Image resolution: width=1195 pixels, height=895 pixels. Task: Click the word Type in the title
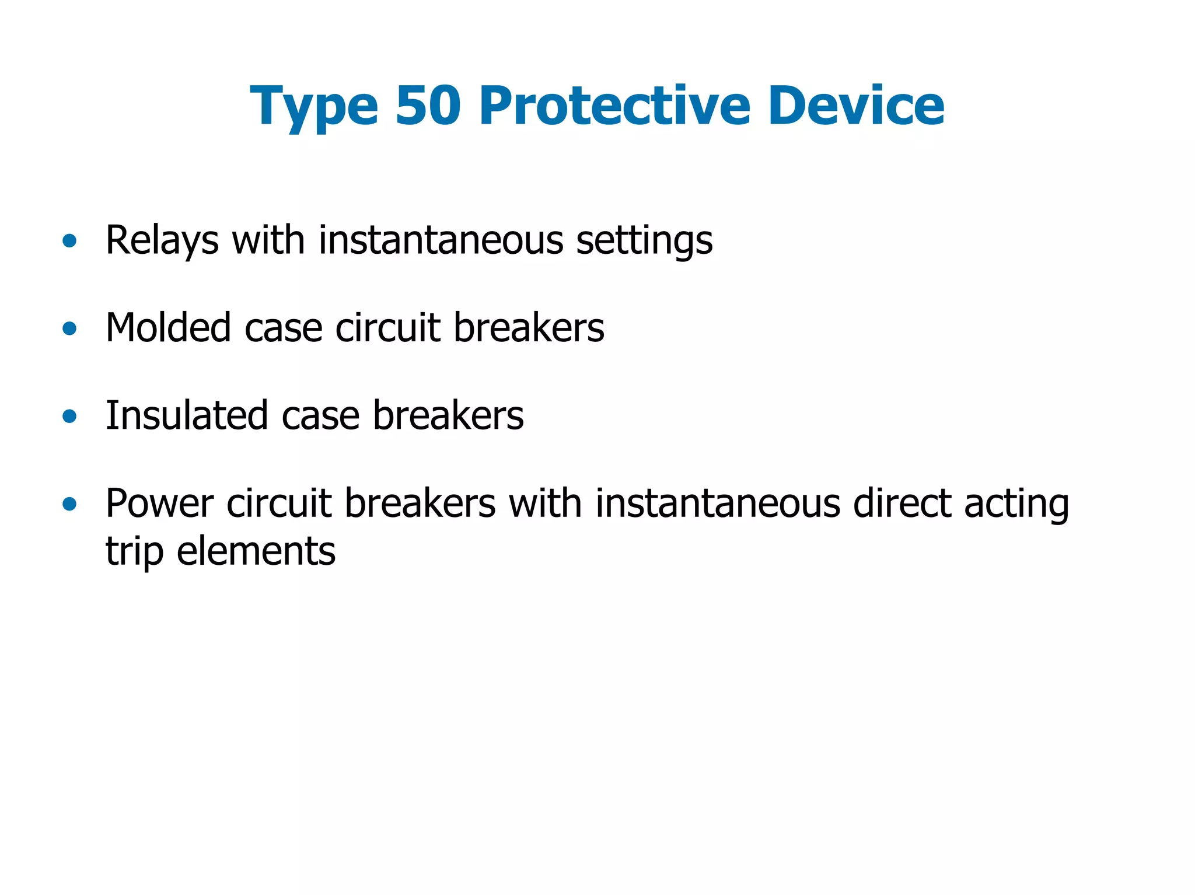click(x=314, y=106)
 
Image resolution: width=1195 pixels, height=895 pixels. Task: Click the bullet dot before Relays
click(x=69, y=240)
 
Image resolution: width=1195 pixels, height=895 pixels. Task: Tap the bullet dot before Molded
click(x=69, y=328)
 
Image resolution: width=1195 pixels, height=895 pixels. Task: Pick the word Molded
click(x=168, y=327)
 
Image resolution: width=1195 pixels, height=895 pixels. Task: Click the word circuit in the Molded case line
click(x=387, y=327)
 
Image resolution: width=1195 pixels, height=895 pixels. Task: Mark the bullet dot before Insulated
click(x=69, y=416)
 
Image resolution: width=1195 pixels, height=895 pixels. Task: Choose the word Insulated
click(x=187, y=415)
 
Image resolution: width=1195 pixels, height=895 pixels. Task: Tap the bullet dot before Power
click(x=69, y=504)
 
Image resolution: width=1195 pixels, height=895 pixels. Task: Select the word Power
click(x=159, y=503)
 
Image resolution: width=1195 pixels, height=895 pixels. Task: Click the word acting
click(x=1016, y=504)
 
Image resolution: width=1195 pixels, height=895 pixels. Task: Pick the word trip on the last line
click(x=134, y=551)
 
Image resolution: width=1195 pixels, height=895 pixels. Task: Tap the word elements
click(x=256, y=551)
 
